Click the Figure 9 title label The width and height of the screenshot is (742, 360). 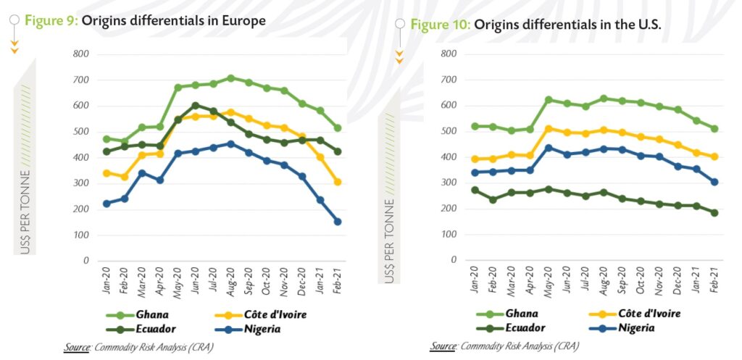(x=145, y=20)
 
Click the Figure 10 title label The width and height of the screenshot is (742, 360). (x=536, y=25)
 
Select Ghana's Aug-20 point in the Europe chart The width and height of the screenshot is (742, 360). (x=230, y=78)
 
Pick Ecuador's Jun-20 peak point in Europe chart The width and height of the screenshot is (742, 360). (x=195, y=106)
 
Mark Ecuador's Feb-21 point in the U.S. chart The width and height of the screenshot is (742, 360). (x=715, y=212)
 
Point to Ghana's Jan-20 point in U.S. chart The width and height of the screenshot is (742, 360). (x=474, y=126)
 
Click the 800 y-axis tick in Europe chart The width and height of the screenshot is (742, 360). (x=80, y=54)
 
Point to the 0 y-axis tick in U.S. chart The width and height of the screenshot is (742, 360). (x=455, y=259)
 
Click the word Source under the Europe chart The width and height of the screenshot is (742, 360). (x=77, y=348)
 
